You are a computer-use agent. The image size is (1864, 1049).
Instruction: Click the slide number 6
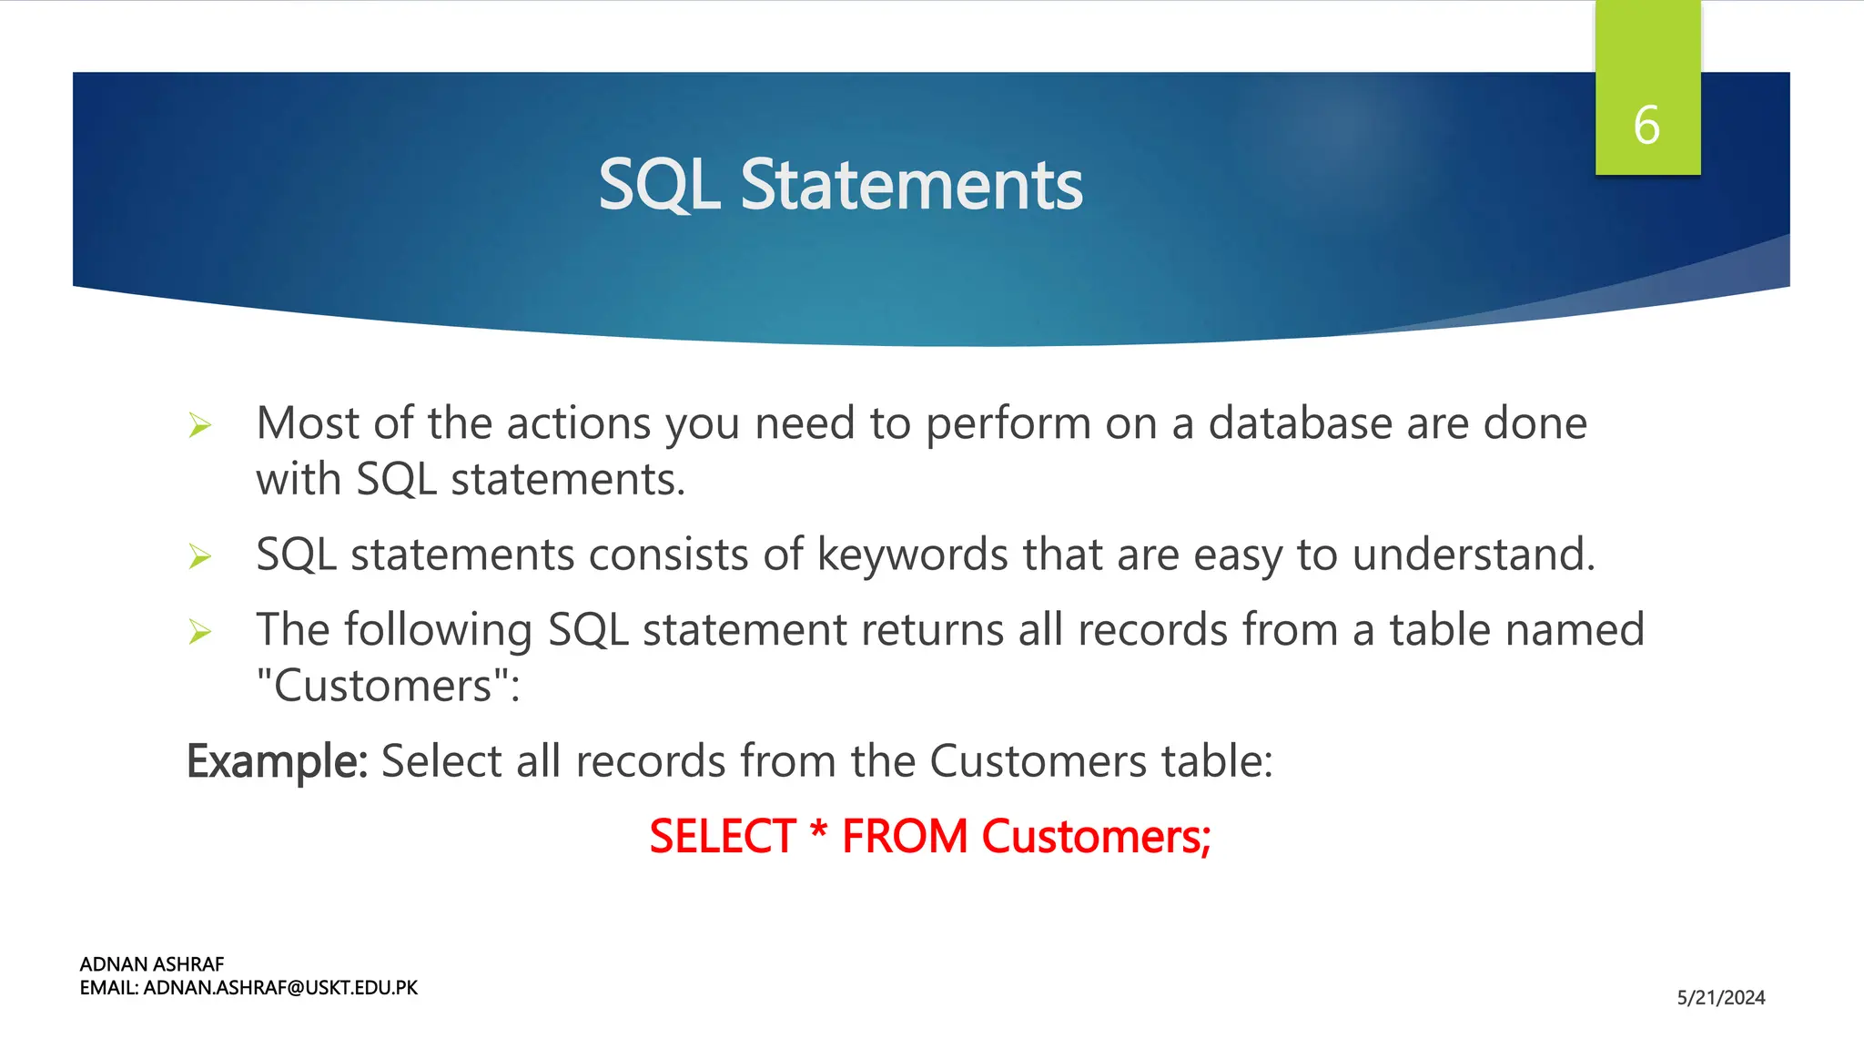point(1646,125)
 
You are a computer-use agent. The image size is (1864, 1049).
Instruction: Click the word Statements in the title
point(911,185)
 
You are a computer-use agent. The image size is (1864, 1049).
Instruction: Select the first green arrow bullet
point(199,424)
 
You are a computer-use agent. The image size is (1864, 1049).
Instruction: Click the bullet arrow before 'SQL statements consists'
point(199,555)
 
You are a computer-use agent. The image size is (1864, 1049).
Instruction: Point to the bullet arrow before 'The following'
point(199,631)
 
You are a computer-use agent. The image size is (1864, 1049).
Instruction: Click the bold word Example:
point(277,761)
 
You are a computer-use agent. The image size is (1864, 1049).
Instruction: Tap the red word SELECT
point(723,836)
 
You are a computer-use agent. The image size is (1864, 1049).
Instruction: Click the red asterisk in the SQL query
point(819,830)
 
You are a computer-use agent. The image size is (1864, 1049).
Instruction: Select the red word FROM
point(905,836)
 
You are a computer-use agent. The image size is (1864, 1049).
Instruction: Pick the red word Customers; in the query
point(1096,836)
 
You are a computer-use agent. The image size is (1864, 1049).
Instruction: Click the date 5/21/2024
point(1720,998)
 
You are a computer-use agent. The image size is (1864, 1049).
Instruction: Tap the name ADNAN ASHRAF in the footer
point(152,964)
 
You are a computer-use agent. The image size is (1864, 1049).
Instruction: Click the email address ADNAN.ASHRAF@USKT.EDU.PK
point(280,988)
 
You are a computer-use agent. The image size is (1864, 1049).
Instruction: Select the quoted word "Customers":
point(388,686)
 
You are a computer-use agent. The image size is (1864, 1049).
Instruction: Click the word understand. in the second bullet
point(1474,555)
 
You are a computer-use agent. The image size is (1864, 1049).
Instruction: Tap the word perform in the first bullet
point(1008,423)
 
